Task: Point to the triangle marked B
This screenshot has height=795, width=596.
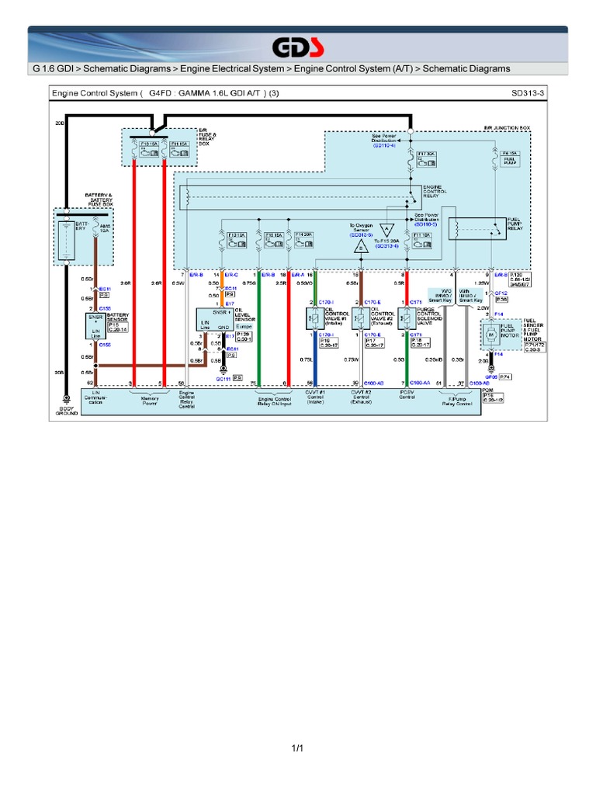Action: click(x=361, y=247)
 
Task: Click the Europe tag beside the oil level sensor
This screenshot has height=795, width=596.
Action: click(x=242, y=327)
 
